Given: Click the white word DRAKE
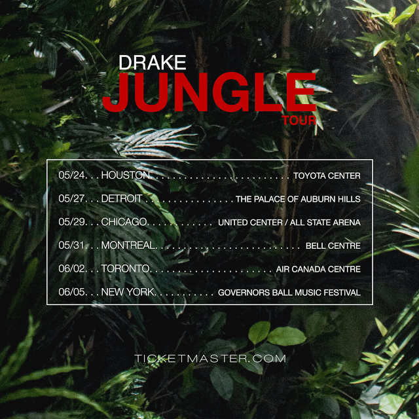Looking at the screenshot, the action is click(153, 63).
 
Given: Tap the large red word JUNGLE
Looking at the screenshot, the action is click(209, 92).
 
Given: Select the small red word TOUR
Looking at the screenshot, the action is click(299, 120).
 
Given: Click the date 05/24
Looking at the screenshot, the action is click(71, 175).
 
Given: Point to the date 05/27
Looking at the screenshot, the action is click(71, 198).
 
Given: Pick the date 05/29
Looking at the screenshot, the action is click(71, 222).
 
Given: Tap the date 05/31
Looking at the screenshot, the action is click(71, 245).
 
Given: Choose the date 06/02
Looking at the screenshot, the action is click(71, 268).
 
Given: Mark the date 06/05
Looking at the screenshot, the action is click(71, 292).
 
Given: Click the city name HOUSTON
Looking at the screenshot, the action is click(126, 175).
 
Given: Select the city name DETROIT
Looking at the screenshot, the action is click(122, 198).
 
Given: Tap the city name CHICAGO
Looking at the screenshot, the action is click(124, 222).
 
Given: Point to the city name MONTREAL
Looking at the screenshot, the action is click(128, 245).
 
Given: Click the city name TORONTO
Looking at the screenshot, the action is click(126, 268).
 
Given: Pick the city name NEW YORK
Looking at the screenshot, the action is click(128, 292).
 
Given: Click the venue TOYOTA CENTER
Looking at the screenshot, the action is click(327, 176).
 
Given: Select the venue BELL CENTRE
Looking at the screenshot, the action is click(333, 246).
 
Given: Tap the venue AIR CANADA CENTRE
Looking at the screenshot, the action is click(318, 269).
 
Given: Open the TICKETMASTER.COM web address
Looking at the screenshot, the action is click(210, 358).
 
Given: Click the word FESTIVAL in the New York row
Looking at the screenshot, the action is click(342, 293).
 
